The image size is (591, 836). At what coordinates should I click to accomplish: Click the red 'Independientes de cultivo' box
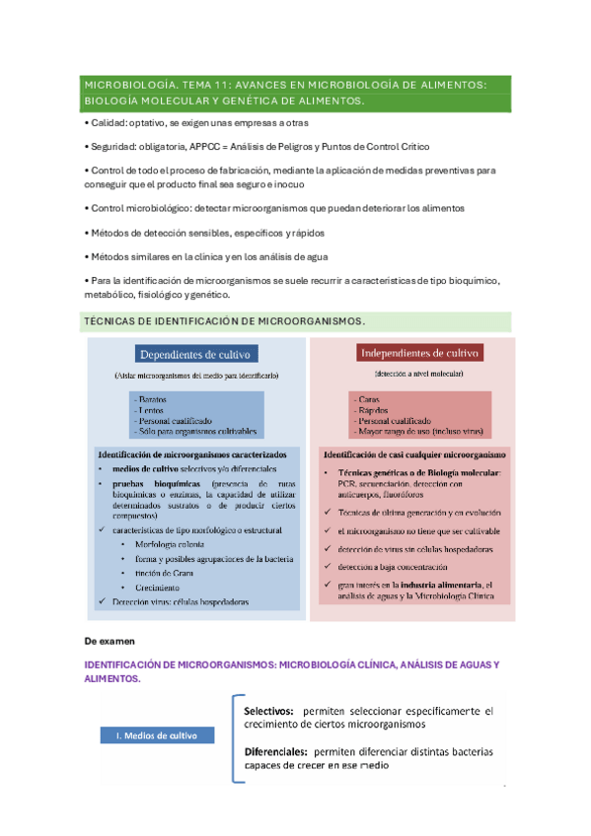click(x=417, y=352)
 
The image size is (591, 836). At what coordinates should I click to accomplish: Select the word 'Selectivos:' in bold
click(x=268, y=710)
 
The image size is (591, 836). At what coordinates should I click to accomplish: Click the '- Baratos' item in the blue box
click(x=155, y=396)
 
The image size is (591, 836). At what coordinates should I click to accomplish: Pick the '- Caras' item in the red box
click(x=370, y=396)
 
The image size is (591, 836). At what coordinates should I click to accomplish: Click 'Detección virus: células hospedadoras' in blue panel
click(x=180, y=601)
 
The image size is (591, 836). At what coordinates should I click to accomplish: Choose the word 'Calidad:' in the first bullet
click(x=108, y=121)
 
